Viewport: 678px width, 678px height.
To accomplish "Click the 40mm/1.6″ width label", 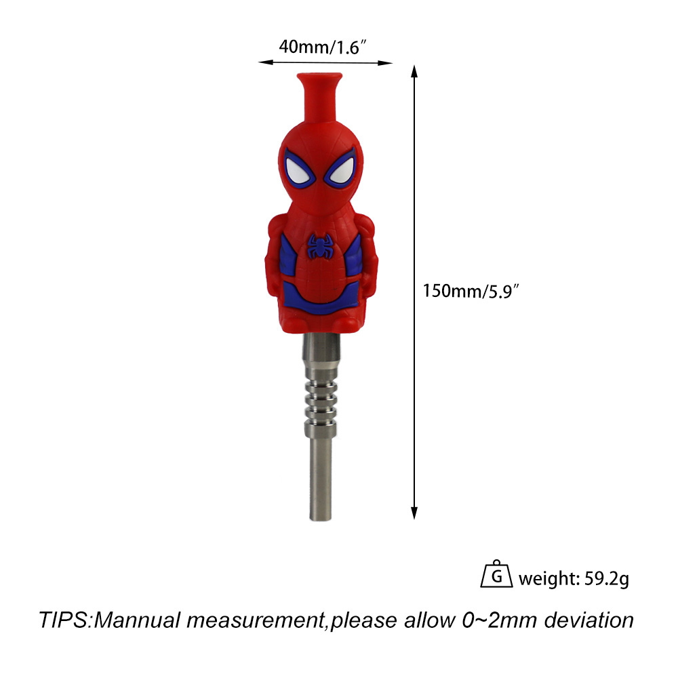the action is click(323, 47).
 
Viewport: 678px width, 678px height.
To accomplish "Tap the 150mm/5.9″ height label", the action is click(471, 291).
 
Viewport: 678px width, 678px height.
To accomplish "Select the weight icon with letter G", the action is click(496, 574).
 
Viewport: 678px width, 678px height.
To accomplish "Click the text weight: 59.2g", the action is click(574, 578).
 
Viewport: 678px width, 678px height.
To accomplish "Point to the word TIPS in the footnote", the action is click(64, 620).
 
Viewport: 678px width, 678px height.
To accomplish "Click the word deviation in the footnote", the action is click(589, 620).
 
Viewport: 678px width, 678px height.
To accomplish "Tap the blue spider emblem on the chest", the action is click(321, 247).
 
